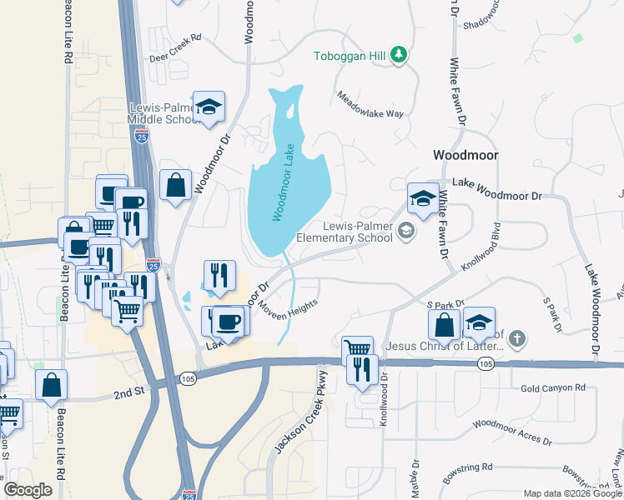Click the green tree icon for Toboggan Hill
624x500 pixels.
(x=400, y=55)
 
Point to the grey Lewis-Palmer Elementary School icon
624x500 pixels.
(x=406, y=231)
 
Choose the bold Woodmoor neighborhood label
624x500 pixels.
(x=465, y=155)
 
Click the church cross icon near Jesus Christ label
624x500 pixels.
(x=517, y=338)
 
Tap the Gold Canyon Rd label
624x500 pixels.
(x=553, y=388)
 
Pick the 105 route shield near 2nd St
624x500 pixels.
(x=187, y=378)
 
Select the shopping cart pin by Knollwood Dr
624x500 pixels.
(x=357, y=347)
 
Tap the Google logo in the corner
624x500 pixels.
(x=28, y=490)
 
